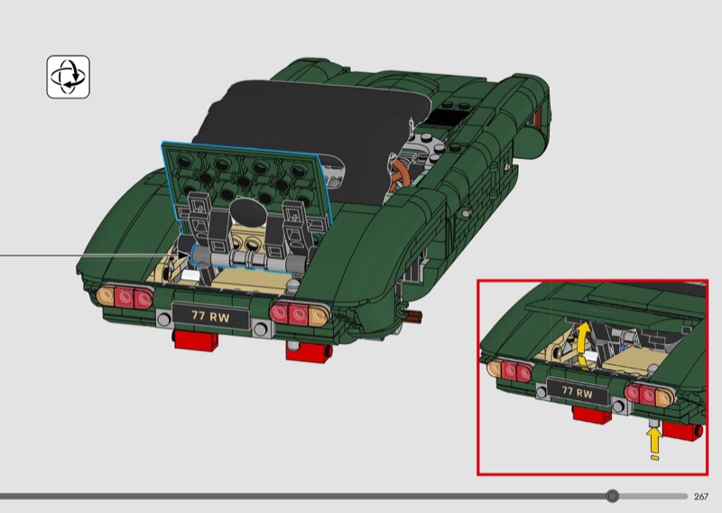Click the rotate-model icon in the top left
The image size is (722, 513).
tap(69, 77)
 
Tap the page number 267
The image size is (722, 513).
tap(701, 497)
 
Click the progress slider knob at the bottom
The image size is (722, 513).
tap(613, 496)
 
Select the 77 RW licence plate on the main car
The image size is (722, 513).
tap(210, 316)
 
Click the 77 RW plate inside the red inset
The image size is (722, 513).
tap(577, 393)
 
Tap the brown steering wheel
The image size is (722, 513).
tap(396, 175)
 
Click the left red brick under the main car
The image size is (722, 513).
tap(195, 340)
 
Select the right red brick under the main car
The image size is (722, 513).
tap(308, 351)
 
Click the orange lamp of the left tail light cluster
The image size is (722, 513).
tap(106, 295)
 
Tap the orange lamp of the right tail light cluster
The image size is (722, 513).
tap(319, 316)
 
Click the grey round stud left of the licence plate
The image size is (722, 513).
tap(164, 318)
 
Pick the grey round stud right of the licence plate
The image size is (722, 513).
tap(260, 329)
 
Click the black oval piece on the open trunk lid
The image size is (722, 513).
tap(249, 212)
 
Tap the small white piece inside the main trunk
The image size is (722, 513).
tap(190, 275)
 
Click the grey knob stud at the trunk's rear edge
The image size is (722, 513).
tap(292, 287)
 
